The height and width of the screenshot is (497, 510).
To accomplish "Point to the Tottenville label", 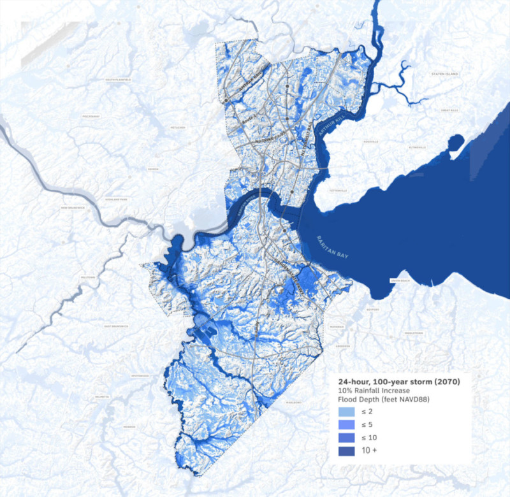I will [x=339, y=191].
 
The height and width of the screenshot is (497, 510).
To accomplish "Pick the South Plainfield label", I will [x=118, y=80].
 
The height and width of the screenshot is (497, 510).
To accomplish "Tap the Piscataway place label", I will [x=90, y=117].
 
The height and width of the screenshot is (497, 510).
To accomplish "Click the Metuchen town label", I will [x=178, y=127].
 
